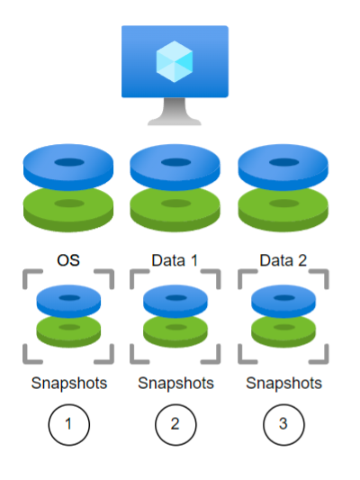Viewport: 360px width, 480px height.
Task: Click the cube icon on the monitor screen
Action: click(175, 61)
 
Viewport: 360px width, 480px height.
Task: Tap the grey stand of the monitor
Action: click(175, 112)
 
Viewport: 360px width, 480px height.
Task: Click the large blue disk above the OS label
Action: click(68, 167)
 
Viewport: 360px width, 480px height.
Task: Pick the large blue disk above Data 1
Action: click(175, 167)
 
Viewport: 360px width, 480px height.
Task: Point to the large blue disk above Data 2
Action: click(283, 167)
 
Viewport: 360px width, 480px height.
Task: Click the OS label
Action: click(68, 260)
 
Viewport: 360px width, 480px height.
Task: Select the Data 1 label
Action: click(175, 260)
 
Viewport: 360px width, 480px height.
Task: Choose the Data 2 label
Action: click(283, 260)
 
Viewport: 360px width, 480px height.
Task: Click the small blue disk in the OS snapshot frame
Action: click(68, 301)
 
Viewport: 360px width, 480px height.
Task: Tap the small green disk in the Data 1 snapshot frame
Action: click(175, 331)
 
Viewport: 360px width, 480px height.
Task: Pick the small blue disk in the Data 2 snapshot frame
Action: click(283, 301)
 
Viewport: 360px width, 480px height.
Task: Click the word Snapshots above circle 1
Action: click(69, 384)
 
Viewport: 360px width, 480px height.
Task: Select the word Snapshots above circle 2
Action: click(175, 384)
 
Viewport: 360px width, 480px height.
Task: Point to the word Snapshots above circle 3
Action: click(284, 384)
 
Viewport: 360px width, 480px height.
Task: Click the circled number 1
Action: click(68, 424)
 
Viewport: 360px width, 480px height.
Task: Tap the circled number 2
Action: click(175, 424)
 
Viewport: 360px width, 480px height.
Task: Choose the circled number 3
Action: click(283, 424)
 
